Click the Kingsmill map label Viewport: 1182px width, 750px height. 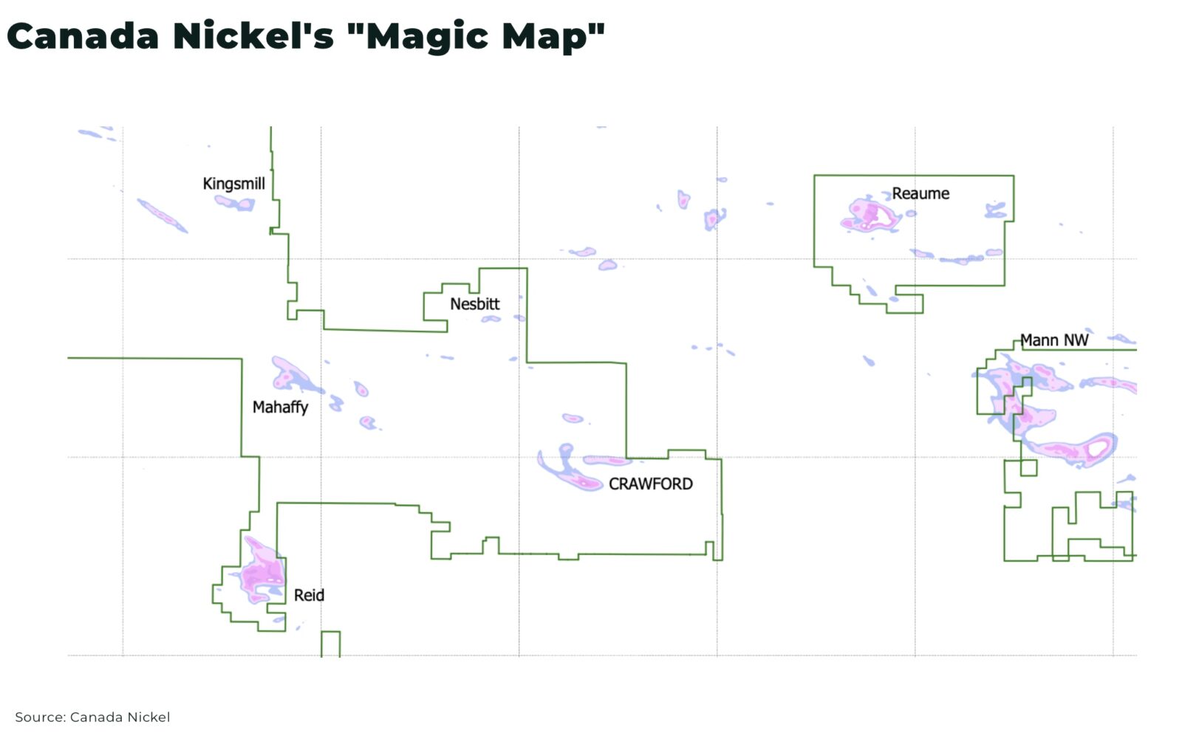click(233, 183)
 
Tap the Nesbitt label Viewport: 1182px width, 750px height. click(474, 303)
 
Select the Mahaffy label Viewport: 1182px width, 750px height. click(280, 407)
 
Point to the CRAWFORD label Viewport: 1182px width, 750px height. click(650, 484)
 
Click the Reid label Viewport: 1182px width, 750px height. click(309, 595)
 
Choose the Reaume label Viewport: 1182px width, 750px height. click(920, 193)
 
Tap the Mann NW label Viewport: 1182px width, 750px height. click(1053, 340)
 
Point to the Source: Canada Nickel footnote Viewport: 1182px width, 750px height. click(92, 717)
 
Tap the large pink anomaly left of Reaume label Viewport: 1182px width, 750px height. click(870, 215)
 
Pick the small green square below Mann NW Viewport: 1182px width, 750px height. click(1028, 467)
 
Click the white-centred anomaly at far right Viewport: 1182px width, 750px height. click(1096, 447)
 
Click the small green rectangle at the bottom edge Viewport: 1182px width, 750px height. click(330, 643)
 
